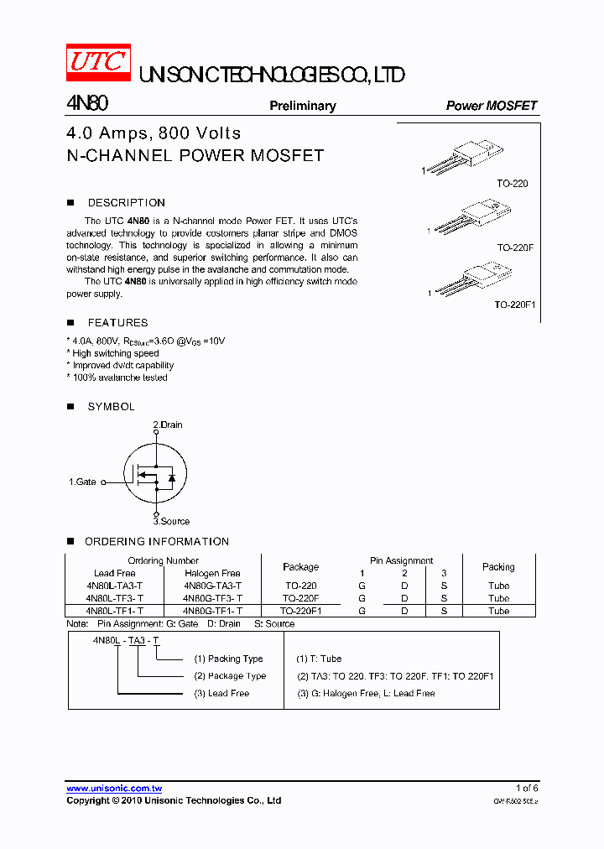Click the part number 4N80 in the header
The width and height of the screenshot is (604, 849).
tap(86, 104)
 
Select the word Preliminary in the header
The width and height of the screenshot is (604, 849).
tap(302, 106)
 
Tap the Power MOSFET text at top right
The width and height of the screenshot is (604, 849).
tap(491, 106)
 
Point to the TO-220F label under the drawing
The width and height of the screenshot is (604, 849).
tap(514, 248)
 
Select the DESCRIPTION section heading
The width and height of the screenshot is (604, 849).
tap(126, 203)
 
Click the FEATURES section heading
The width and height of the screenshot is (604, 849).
tap(117, 323)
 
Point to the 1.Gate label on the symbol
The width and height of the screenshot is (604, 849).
tap(82, 482)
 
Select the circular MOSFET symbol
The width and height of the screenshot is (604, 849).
tap(154, 474)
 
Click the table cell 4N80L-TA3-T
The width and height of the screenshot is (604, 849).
tap(114, 586)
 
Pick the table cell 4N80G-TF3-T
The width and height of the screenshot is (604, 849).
tap(212, 598)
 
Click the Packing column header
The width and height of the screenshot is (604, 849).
tap(498, 566)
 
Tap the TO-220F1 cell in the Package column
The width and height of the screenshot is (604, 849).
tap(300, 611)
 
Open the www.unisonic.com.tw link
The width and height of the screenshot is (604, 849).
tap(114, 788)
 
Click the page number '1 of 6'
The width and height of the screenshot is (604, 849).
tap(526, 788)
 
